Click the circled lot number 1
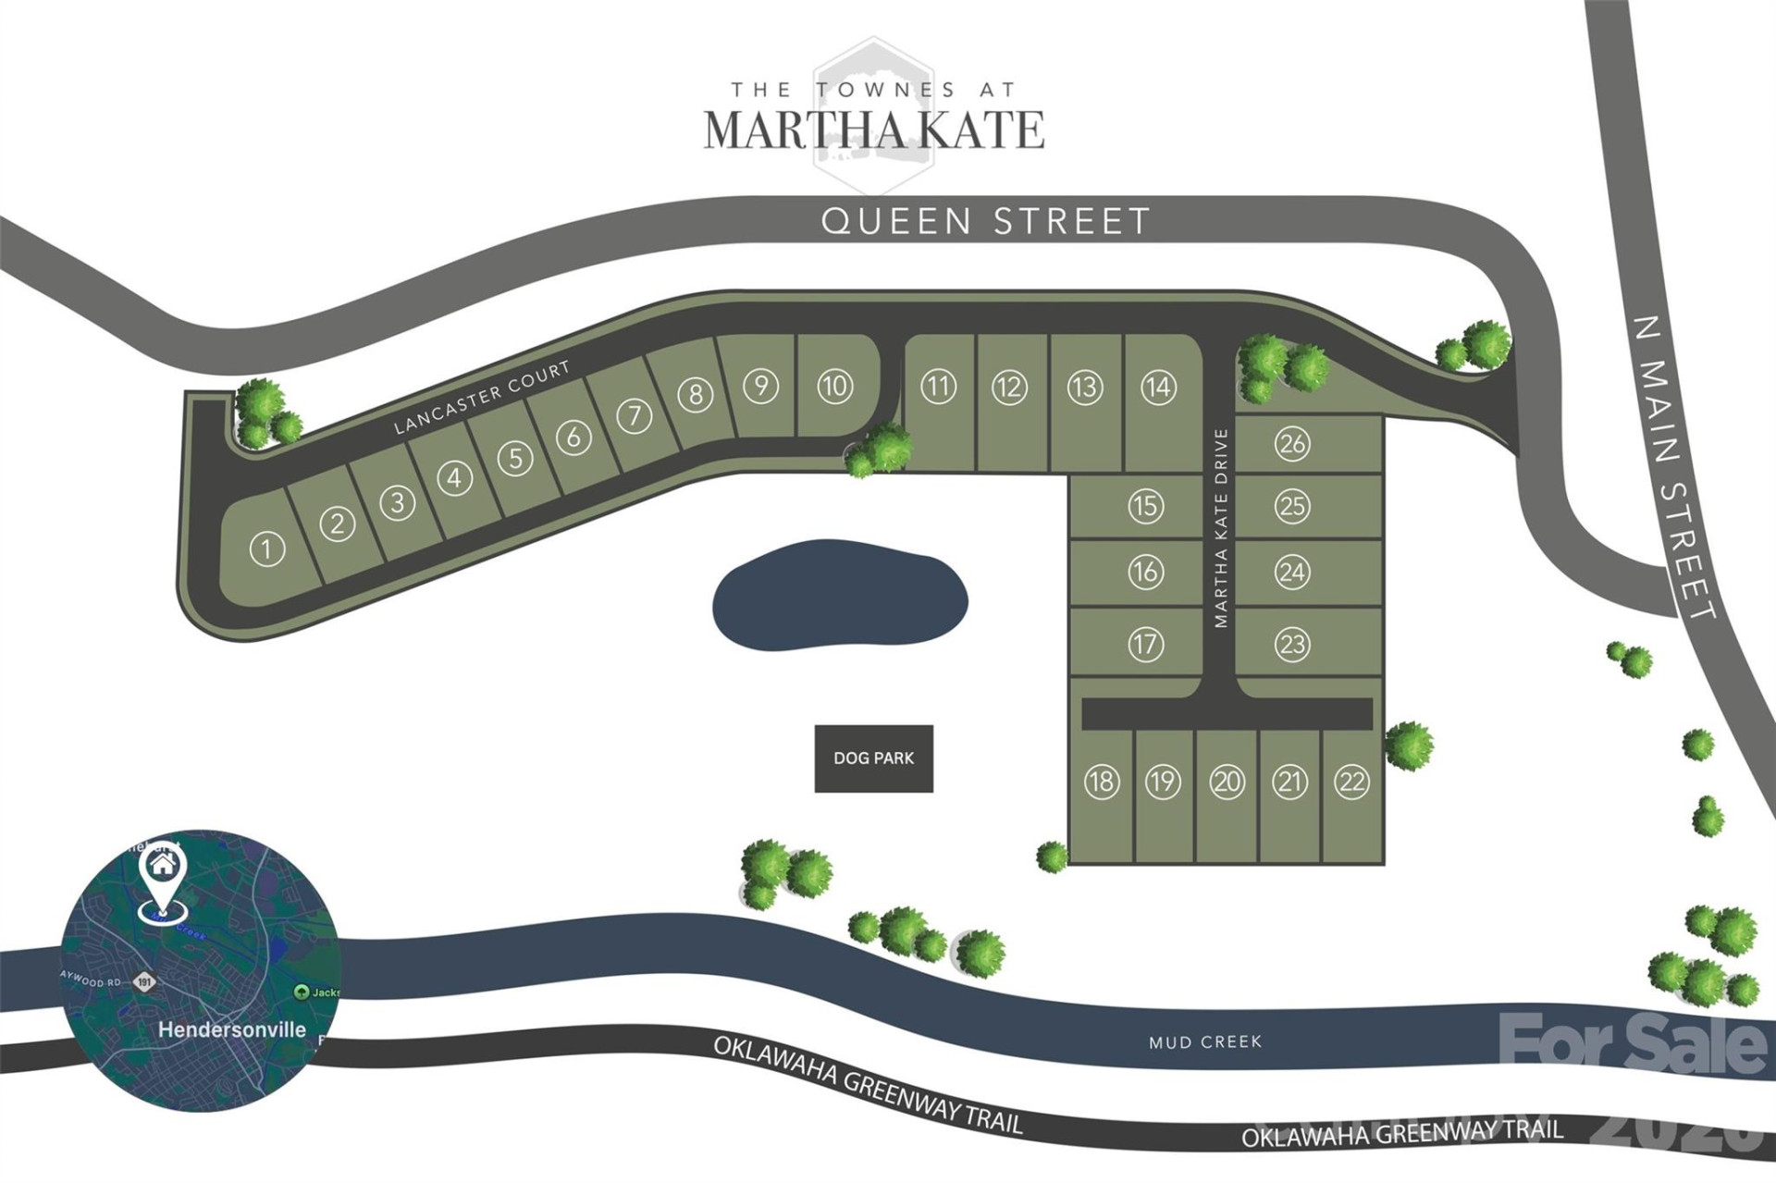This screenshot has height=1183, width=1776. pyautogui.click(x=266, y=549)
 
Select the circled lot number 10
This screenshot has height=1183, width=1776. pyautogui.click(x=834, y=386)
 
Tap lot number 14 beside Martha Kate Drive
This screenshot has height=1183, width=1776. pyautogui.click(x=1158, y=387)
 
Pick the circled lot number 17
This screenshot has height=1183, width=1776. pyautogui.click(x=1145, y=644)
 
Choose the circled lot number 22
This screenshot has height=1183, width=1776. pyautogui.click(x=1351, y=783)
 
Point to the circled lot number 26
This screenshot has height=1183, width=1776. pyautogui.click(x=1292, y=444)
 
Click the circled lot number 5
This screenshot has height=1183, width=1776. pyautogui.click(x=515, y=458)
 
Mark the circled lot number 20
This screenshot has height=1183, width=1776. pyautogui.click(x=1227, y=783)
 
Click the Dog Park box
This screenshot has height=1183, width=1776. pyautogui.click(x=873, y=758)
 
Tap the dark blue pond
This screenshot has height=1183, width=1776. pyautogui.click(x=839, y=594)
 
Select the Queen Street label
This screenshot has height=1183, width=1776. pyautogui.click(x=985, y=221)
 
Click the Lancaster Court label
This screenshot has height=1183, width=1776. pyautogui.click(x=482, y=398)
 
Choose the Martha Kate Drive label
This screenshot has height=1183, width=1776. pyautogui.click(x=1221, y=528)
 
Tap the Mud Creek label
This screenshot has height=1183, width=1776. pyautogui.click(x=1204, y=1042)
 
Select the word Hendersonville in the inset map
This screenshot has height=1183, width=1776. pyautogui.click(x=231, y=1029)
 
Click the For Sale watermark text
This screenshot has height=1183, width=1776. pyautogui.click(x=1633, y=1043)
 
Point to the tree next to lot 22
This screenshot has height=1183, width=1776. pyautogui.click(x=1408, y=746)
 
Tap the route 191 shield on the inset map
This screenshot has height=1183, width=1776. pyautogui.click(x=143, y=982)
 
